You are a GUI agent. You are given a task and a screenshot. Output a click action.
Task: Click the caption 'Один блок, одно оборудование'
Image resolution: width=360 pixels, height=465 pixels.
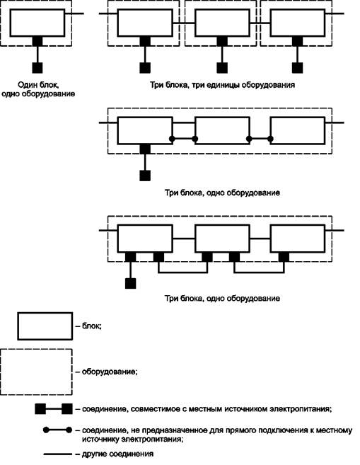[38, 90]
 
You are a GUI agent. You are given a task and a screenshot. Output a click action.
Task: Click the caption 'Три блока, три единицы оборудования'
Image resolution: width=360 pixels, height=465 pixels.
[223, 85]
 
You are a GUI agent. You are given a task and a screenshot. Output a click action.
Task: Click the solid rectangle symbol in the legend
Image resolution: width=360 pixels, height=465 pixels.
[45, 326]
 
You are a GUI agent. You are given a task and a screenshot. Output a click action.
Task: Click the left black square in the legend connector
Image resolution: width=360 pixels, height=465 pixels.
[40, 409]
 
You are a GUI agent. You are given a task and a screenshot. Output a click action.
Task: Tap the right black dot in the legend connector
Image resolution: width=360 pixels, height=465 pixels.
[69, 430]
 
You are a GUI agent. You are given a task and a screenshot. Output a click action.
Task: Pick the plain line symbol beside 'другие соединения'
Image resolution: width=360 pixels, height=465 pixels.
[58, 454]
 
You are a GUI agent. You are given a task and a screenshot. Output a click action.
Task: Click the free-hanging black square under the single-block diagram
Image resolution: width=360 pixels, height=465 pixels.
[37, 68]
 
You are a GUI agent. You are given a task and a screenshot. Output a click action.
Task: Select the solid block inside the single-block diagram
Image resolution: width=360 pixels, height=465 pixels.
[37, 23]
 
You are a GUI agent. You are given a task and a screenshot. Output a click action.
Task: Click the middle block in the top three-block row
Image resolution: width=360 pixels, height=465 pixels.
[222, 23]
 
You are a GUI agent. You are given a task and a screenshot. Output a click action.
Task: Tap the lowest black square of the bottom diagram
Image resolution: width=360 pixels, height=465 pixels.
[130, 284]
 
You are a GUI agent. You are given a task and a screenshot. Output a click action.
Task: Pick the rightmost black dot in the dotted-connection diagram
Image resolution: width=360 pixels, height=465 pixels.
[270, 139]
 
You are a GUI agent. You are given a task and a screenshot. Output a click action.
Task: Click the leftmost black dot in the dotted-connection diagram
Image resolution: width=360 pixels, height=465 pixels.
[172, 139]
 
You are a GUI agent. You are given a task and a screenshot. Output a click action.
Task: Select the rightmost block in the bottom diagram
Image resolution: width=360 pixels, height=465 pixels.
[298, 239]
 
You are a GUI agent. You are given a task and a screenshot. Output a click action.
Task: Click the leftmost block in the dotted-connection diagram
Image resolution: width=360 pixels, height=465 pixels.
[145, 131]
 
